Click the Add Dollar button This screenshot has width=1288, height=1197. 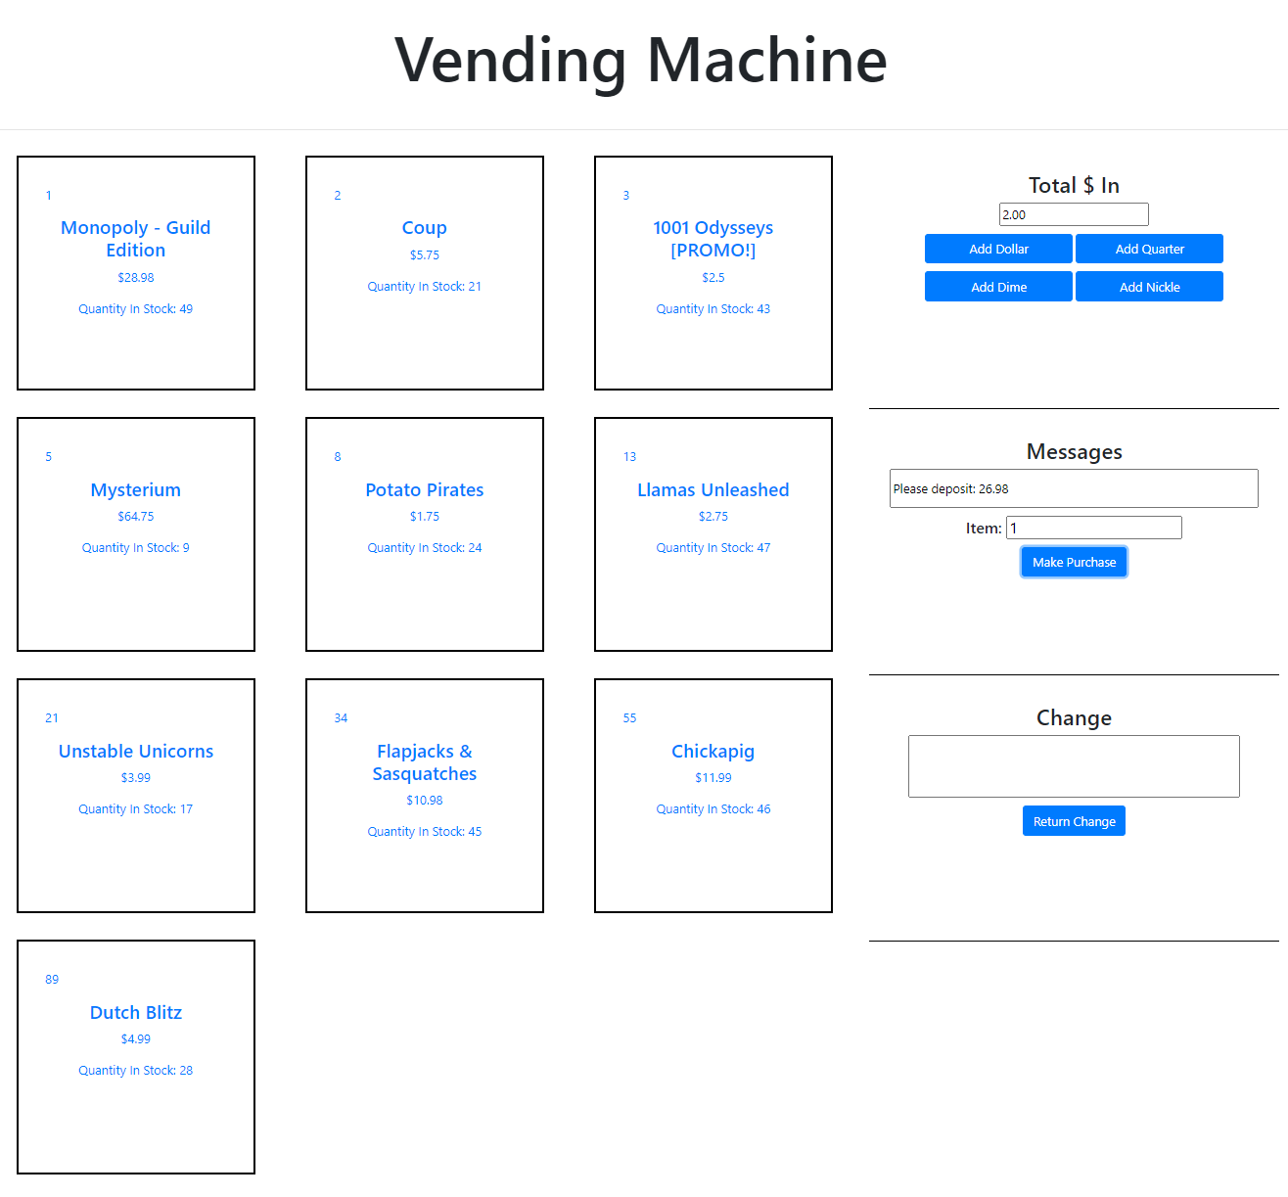coord(998,249)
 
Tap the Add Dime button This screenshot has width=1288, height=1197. coord(998,287)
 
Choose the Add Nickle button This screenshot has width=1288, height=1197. coord(1149,287)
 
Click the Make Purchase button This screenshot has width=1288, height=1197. coord(1074,562)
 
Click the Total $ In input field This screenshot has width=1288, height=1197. coord(1074,214)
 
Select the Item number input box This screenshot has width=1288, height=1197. coord(1093,528)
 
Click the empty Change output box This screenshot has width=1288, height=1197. coord(1074,766)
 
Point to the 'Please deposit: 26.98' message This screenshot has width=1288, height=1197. coord(950,488)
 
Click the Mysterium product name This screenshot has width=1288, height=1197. coord(135,489)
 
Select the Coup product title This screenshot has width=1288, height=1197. coord(424,228)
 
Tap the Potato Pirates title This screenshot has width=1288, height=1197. coord(424,489)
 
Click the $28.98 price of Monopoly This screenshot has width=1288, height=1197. coord(135,277)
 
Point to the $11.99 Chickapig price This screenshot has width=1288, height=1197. coord(713,777)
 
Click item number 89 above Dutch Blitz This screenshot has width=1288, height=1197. coord(52,979)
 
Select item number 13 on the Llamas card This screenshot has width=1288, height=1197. coord(629,457)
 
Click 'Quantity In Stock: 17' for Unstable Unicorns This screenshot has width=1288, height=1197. coord(135,809)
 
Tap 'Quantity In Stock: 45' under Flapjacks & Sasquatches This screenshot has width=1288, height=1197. coord(424,831)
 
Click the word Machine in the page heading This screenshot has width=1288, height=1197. coord(766,61)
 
